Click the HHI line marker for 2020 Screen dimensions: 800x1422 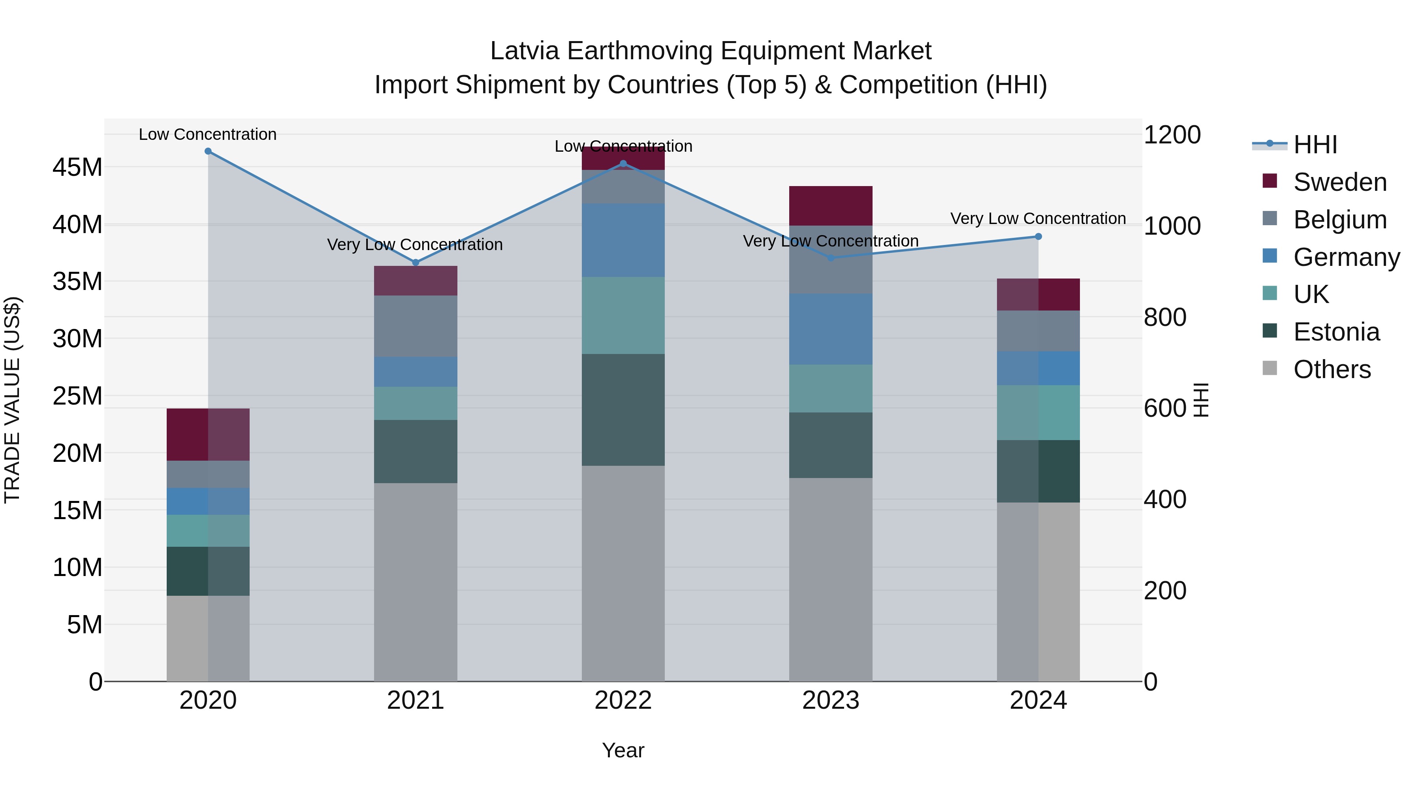click(x=208, y=151)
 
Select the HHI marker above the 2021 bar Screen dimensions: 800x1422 click(x=416, y=263)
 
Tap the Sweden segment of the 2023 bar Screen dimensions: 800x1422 click(x=830, y=205)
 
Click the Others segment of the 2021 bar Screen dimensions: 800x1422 click(x=416, y=582)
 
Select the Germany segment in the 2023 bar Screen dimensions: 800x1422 click(x=830, y=329)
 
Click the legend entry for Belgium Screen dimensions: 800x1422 click(x=1340, y=220)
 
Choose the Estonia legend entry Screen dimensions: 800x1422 click(x=1336, y=332)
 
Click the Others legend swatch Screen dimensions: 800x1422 click(x=1270, y=368)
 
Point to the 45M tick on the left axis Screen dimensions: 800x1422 click(x=77, y=167)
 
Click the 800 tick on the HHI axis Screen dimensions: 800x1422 click(x=1165, y=318)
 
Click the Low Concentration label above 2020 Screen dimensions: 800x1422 click(x=207, y=134)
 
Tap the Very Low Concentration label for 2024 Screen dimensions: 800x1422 click(x=1038, y=218)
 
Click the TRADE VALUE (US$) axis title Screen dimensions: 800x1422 click(x=12, y=400)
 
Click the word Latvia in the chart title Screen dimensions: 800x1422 click(x=525, y=51)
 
